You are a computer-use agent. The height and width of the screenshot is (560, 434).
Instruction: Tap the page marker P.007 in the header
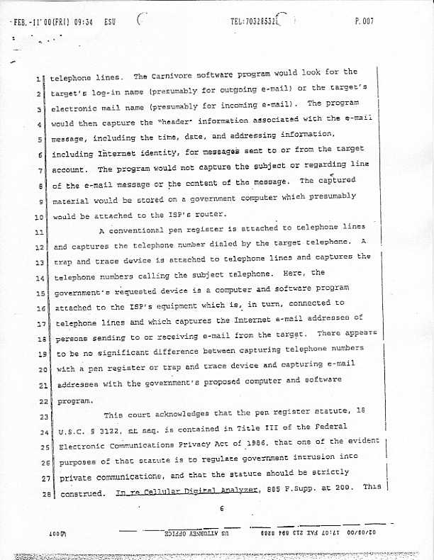364,22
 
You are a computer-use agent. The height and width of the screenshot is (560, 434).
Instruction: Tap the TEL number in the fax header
254,21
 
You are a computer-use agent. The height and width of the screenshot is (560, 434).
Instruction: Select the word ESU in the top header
109,22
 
